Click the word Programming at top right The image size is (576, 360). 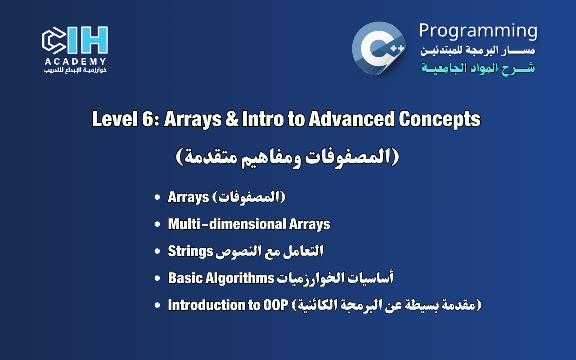tap(478, 31)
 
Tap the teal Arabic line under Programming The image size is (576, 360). tap(478, 68)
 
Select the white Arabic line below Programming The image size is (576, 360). tap(478, 50)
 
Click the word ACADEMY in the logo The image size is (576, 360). tap(75, 62)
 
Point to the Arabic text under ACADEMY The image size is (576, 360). tap(75, 71)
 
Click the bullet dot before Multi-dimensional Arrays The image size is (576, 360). tap(157, 225)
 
